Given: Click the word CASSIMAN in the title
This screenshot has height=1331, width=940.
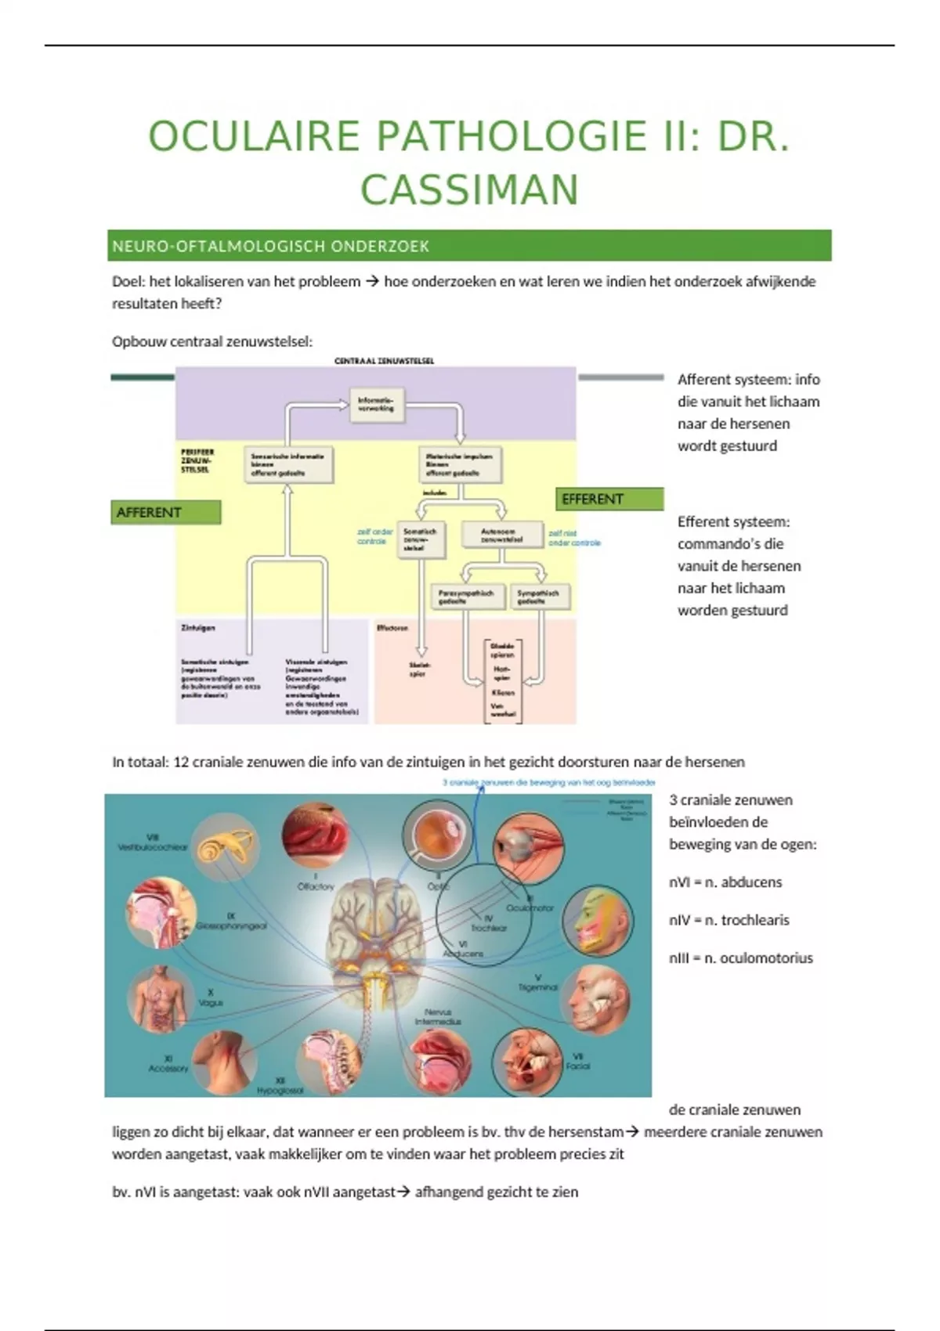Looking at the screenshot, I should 469,190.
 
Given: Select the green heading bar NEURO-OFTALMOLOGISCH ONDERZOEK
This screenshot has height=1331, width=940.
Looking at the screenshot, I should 470,246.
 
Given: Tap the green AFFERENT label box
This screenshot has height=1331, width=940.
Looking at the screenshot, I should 165,512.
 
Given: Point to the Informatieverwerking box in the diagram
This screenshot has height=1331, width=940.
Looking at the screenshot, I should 377,405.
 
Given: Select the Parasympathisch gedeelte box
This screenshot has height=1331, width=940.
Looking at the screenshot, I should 466,597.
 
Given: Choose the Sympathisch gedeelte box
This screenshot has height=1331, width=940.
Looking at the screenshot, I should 540,597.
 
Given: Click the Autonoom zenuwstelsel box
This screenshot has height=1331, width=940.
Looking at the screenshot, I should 502,535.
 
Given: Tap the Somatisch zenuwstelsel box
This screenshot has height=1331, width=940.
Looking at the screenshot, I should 421,539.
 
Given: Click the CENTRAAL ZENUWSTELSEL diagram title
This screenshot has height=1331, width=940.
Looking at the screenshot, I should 384,361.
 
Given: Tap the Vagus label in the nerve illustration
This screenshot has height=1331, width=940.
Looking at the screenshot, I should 210,1002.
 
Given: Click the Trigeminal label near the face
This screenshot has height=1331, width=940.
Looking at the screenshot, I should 537,987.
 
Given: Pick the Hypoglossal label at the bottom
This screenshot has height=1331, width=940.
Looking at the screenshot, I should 280,1090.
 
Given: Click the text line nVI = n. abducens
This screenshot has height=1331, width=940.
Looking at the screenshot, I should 725,882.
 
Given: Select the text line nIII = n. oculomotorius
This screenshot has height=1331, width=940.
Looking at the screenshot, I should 741,958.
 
